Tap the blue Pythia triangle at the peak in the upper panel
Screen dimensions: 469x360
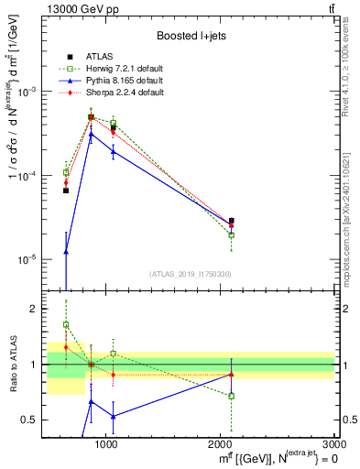91,134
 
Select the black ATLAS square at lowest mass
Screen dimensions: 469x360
66,191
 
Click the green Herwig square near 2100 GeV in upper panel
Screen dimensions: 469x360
231,234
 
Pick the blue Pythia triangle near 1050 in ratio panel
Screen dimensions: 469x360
113,416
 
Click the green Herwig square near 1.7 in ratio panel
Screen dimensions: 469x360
66,324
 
